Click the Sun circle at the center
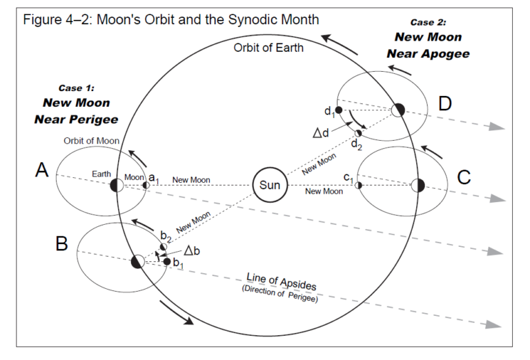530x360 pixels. point(269,185)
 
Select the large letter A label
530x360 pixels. point(42,170)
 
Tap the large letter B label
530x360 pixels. point(61,243)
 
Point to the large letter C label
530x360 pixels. point(464,178)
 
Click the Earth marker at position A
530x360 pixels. point(117,185)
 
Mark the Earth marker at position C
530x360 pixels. point(418,185)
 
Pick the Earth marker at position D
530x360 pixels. point(397,110)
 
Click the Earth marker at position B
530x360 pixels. point(137,261)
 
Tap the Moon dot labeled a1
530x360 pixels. point(146,185)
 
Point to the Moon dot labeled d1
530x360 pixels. point(339,109)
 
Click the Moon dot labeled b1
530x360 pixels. point(167,261)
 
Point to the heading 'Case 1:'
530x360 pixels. point(76,88)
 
